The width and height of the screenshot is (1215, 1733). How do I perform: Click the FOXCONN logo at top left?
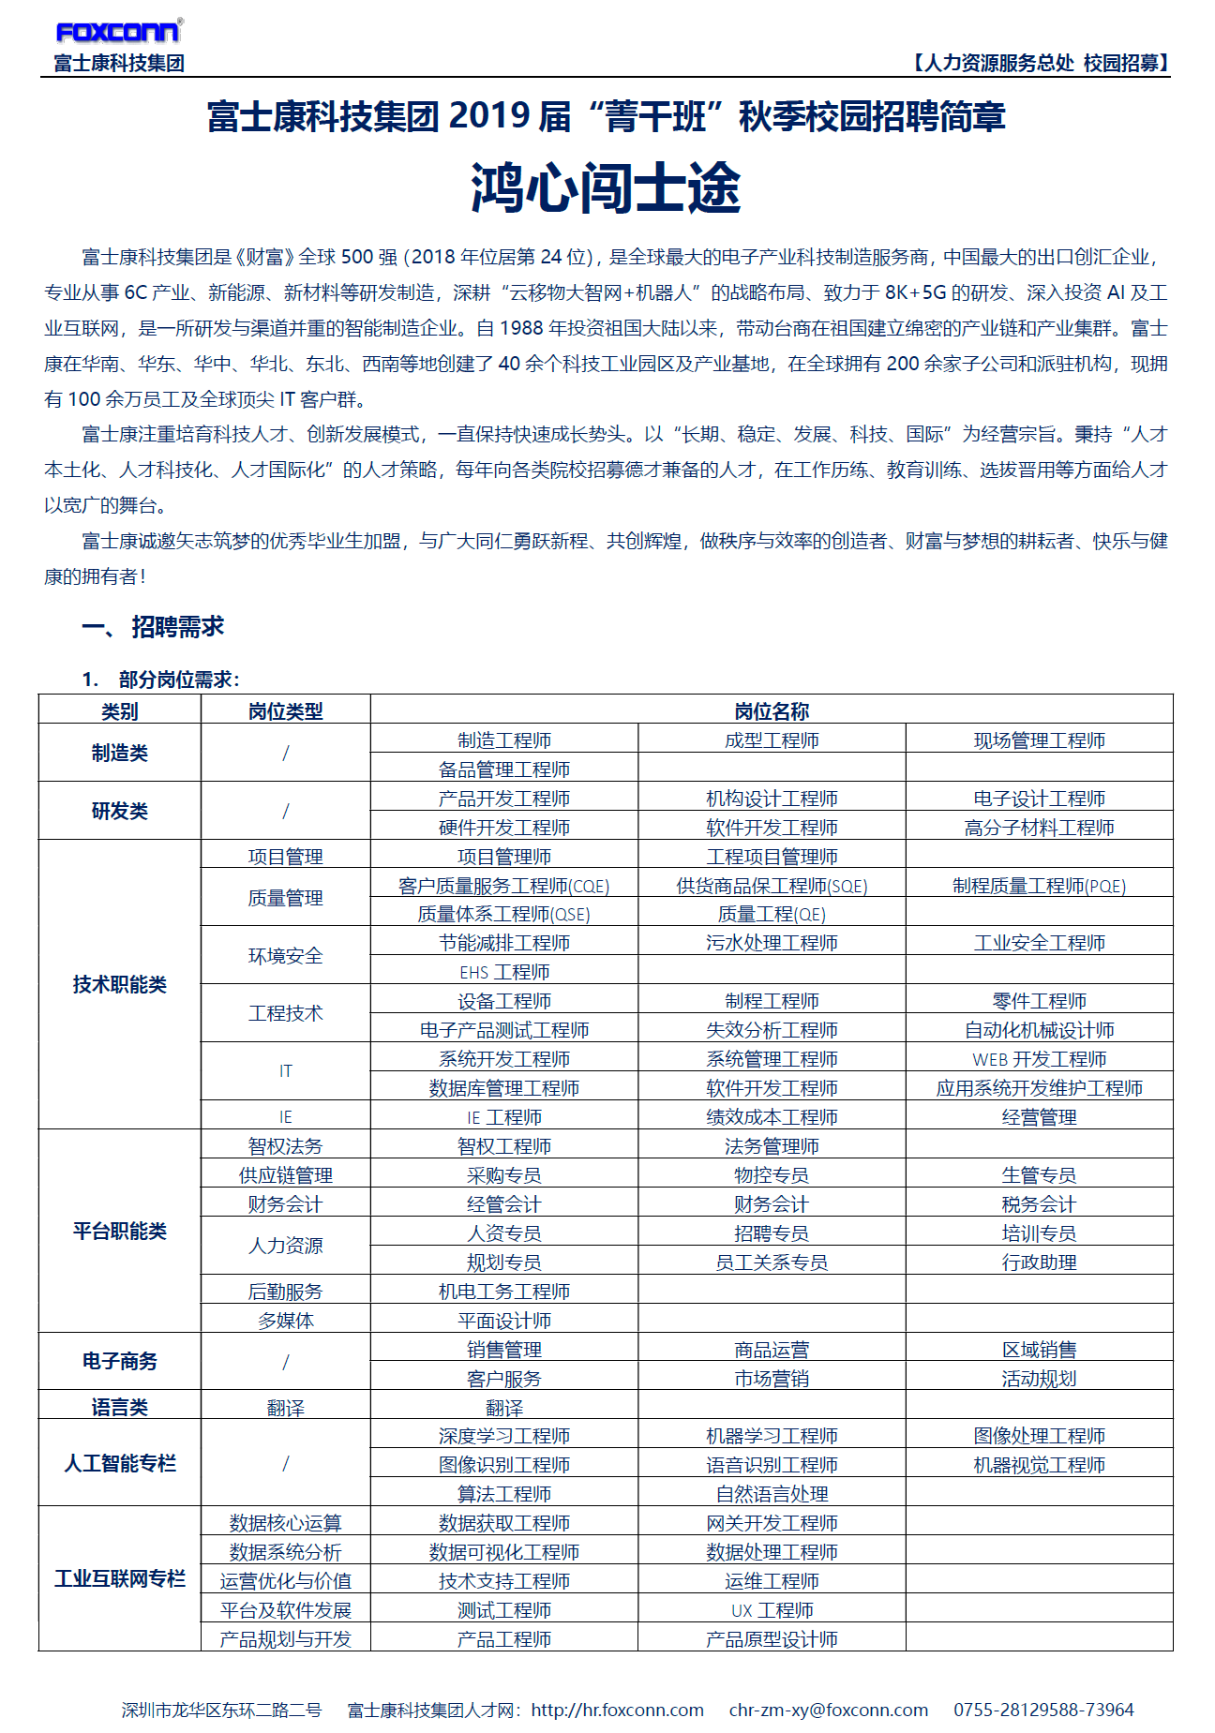(x=117, y=32)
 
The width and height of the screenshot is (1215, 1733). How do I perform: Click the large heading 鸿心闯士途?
(x=606, y=188)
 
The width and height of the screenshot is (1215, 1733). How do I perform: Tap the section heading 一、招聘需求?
(x=154, y=626)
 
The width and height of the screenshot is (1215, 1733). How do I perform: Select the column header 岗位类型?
(x=285, y=711)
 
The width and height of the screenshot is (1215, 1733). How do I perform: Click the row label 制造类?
(x=119, y=753)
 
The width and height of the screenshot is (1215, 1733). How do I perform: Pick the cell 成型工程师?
(x=772, y=740)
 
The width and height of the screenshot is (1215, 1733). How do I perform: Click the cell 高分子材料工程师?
(x=1039, y=828)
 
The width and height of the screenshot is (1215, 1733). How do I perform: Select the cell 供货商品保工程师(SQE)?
(x=772, y=886)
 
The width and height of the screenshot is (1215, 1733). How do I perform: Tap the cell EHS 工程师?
(x=504, y=972)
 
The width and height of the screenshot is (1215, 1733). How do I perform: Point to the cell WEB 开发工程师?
(x=1039, y=1059)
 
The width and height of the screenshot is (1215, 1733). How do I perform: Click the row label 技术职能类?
(x=119, y=984)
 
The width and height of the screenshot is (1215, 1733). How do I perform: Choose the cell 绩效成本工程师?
(x=772, y=1117)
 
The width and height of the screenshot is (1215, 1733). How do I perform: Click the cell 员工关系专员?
(x=772, y=1262)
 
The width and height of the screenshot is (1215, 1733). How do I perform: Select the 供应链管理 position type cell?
(x=285, y=1175)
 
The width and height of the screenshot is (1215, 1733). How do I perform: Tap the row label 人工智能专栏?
(x=119, y=1463)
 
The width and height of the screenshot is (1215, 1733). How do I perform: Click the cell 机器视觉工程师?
(x=1039, y=1465)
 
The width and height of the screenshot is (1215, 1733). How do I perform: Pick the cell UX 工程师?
(x=772, y=1610)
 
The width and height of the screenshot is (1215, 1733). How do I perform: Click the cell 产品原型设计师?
(x=772, y=1639)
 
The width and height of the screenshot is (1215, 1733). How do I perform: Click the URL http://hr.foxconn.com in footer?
(x=617, y=1710)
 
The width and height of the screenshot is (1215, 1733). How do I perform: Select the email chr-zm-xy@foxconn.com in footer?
(x=828, y=1710)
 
